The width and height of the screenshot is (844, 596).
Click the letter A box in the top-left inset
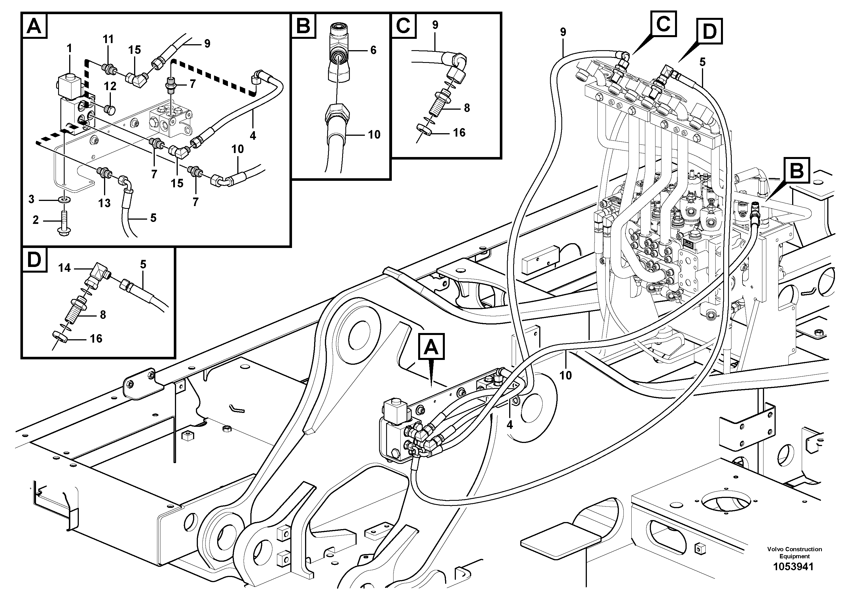[x=35, y=26]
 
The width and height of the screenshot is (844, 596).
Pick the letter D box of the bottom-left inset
[x=35, y=260]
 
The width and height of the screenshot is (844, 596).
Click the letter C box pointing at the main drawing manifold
[x=663, y=24]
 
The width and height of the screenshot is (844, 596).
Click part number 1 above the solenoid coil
[x=69, y=48]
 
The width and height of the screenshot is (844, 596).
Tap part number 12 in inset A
[x=110, y=86]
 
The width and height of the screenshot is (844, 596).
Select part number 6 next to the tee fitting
[x=373, y=50]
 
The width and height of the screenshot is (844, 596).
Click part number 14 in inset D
[x=64, y=268]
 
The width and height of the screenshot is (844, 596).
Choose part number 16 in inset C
[x=459, y=133]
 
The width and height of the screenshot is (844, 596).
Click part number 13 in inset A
[x=104, y=203]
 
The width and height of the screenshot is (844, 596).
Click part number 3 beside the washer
[x=32, y=199]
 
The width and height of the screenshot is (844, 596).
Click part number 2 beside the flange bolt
[x=36, y=220]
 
